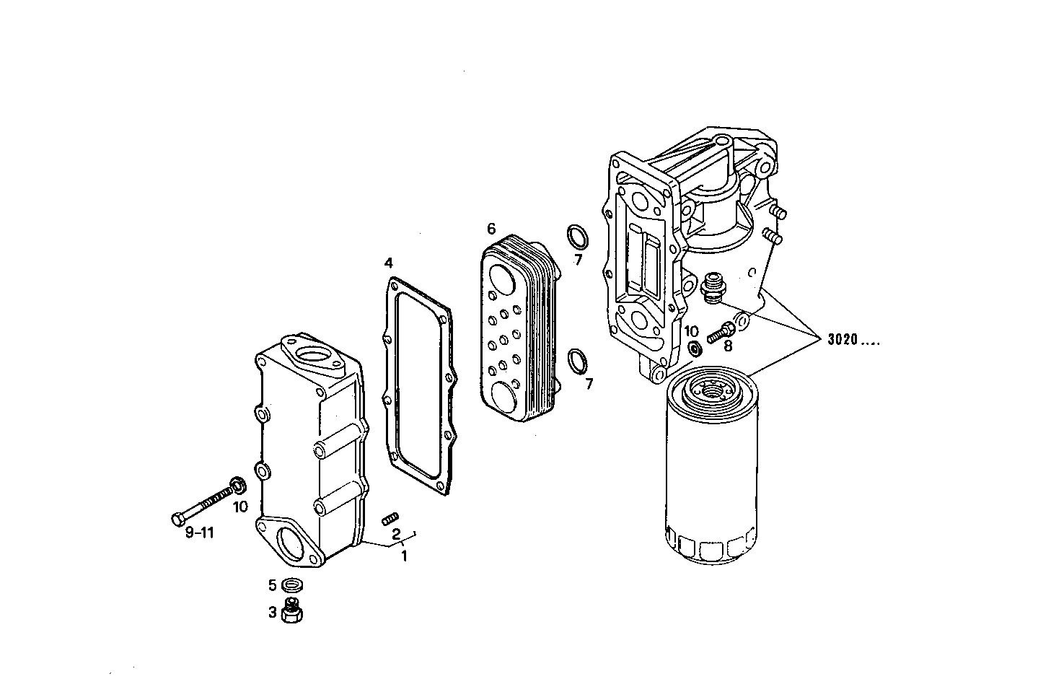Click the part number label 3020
point(842,340)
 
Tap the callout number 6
point(491,229)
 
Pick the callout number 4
point(389,262)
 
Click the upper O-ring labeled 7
point(576,236)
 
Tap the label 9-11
point(200,533)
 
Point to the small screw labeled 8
point(720,333)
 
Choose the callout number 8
point(727,346)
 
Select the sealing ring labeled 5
point(292,584)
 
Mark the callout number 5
point(273,584)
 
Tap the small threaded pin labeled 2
point(390,517)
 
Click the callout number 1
point(404,556)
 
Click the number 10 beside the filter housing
point(691,331)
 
